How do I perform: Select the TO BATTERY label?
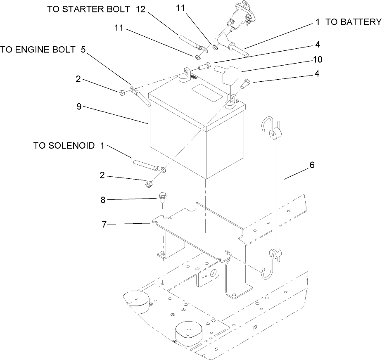pyautogui.click(x=354, y=22)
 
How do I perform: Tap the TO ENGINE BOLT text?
pyautogui.click(x=38, y=50)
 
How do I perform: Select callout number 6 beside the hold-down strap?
pyautogui.click(x=312, y=165)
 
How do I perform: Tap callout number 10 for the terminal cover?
pyautogui.click(x=317, y=59)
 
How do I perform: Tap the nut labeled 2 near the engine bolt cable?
pyautogui.click(x=122, y=92)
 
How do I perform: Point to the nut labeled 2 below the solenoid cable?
pyautogui.click(x=148, y=183)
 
